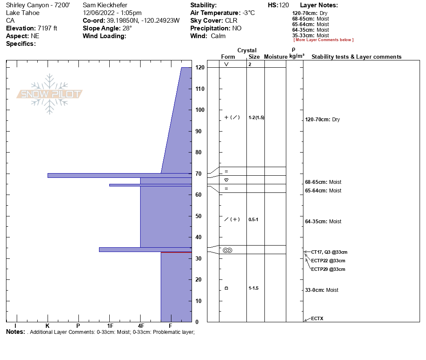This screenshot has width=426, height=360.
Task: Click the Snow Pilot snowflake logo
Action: coord(50,94)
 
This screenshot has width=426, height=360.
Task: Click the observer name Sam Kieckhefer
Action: coord(105,5)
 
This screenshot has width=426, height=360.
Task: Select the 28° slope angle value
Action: coord(127,28)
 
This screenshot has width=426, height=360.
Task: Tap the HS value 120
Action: coord(284,5)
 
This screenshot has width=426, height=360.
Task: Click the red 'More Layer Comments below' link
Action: coord(323,40)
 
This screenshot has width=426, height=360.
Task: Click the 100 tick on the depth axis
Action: coord(200,110)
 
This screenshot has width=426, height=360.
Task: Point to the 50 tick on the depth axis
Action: coord(200,216)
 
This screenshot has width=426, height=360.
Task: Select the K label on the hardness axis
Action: coord(48,326)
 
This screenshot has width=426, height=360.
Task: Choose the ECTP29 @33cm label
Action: coord(328,269)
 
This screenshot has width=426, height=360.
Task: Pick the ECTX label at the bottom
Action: coord(317,318)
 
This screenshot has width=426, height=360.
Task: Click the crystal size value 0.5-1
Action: coord(253,219)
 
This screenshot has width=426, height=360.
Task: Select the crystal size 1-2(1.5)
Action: coord(256,117)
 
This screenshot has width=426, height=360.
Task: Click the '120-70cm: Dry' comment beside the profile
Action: coord(322,120)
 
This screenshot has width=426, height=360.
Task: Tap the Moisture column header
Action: coord(276,57)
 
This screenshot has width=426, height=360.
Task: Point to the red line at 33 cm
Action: coord(176,252)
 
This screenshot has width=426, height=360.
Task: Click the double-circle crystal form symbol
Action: coord(227,250)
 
